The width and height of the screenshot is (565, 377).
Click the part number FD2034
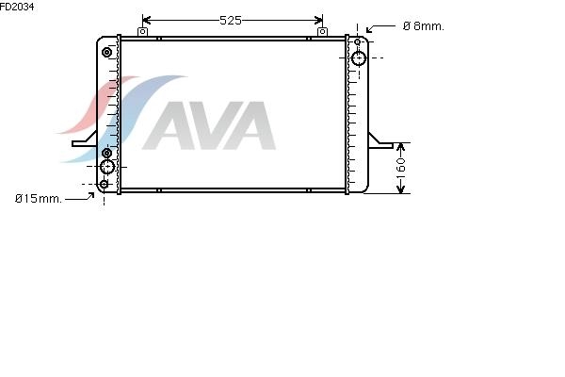[x=17, y=7]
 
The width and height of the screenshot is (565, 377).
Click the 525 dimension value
[x=231, y=21]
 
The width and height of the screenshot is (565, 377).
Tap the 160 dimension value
[x=400, y=168]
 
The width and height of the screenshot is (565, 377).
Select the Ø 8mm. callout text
[x=424, y=26]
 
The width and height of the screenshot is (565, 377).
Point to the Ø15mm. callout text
[x=39, y=199]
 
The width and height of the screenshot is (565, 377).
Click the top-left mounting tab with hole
[x=143, y=32]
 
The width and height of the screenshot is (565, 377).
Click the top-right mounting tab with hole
[x=322, y=32]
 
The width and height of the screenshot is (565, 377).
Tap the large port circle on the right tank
[x=359, y=58]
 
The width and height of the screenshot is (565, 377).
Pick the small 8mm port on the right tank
[x=357, y=41]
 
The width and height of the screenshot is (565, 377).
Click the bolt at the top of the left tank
[x=106, y=53]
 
